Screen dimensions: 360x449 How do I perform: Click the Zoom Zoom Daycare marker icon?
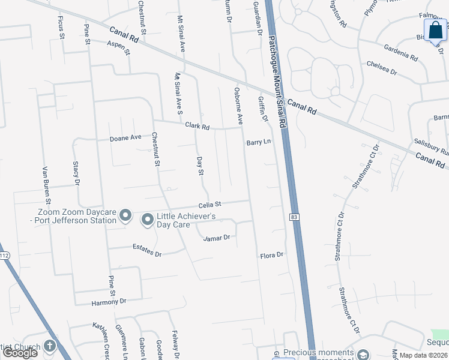(x=125, y=215)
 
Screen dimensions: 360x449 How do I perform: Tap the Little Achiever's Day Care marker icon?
(x=147, y=221)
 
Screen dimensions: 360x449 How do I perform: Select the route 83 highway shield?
(x=294, y=217)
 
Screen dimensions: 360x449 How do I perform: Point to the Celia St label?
(x=210, y=205)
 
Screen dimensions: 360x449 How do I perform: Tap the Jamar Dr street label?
(x=217, y=238)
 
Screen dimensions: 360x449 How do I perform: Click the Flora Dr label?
(x=271, y=256)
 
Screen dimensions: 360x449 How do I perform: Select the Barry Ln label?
(x=259, y=143)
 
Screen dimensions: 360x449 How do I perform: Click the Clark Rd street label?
(x=197, y=127)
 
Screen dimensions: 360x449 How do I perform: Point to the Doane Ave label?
(x=125, y=137)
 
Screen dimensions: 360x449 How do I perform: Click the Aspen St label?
(x=118, y=48)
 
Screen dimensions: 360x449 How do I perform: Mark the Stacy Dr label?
(x=76, y=173)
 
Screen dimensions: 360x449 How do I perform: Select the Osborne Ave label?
(x=238, y=106)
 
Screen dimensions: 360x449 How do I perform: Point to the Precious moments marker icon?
(x=363, y=354)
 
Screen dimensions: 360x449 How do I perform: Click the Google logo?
(x=20, y=353)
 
